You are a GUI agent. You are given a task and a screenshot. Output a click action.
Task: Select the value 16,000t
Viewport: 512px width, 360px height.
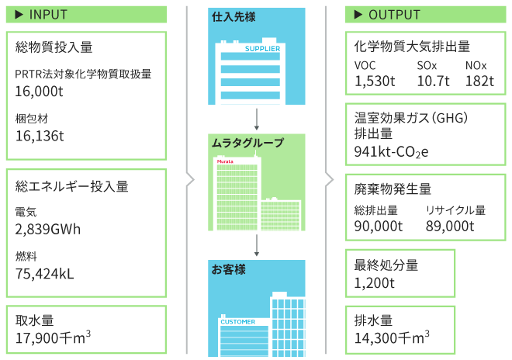(x=39, y=92)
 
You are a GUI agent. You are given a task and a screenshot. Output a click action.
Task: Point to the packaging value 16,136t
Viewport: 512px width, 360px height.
(x=40, y=136)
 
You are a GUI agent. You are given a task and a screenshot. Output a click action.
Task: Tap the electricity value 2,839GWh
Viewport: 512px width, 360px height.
(x=47, y=230)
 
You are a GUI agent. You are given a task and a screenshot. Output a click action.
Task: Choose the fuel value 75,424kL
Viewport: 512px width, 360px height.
(x=44, y=274)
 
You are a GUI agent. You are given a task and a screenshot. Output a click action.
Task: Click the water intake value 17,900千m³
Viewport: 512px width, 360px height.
(x=53, y=337)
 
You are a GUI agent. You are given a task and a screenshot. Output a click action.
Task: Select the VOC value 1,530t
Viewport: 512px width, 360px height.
(x=375, y=81)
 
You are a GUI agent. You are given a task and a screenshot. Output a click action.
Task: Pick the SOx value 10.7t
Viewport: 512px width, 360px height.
(x=433, y=81)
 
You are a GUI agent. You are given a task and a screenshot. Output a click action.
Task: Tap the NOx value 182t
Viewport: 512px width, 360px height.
(x=479, y=81)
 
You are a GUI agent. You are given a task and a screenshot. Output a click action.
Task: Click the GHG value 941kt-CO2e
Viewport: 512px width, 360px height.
(x=391, y=152)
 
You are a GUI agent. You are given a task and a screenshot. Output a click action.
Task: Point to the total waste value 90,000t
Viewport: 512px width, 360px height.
(x=379, y=226)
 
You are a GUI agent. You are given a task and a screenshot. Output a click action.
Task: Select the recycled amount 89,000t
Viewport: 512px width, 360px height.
(x=450, y=226)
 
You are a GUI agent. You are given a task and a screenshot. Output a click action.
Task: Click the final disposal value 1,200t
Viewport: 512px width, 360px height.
(x=374, y=283)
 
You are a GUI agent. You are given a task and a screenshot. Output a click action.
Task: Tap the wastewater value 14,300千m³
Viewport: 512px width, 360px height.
(x=392, y=337)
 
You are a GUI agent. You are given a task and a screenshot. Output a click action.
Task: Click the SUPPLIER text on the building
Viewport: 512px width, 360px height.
(x=262, y=49)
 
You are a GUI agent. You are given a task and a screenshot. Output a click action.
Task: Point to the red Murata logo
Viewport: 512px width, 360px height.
(x=225, y=161)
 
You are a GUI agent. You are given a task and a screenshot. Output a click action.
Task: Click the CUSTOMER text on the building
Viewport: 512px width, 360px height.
(x=237, y=322)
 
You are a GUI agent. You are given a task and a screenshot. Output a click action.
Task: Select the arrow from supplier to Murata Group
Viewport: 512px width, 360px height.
(x=257, y=119)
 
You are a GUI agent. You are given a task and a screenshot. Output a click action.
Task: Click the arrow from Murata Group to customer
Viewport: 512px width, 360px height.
(x=257, y=245)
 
